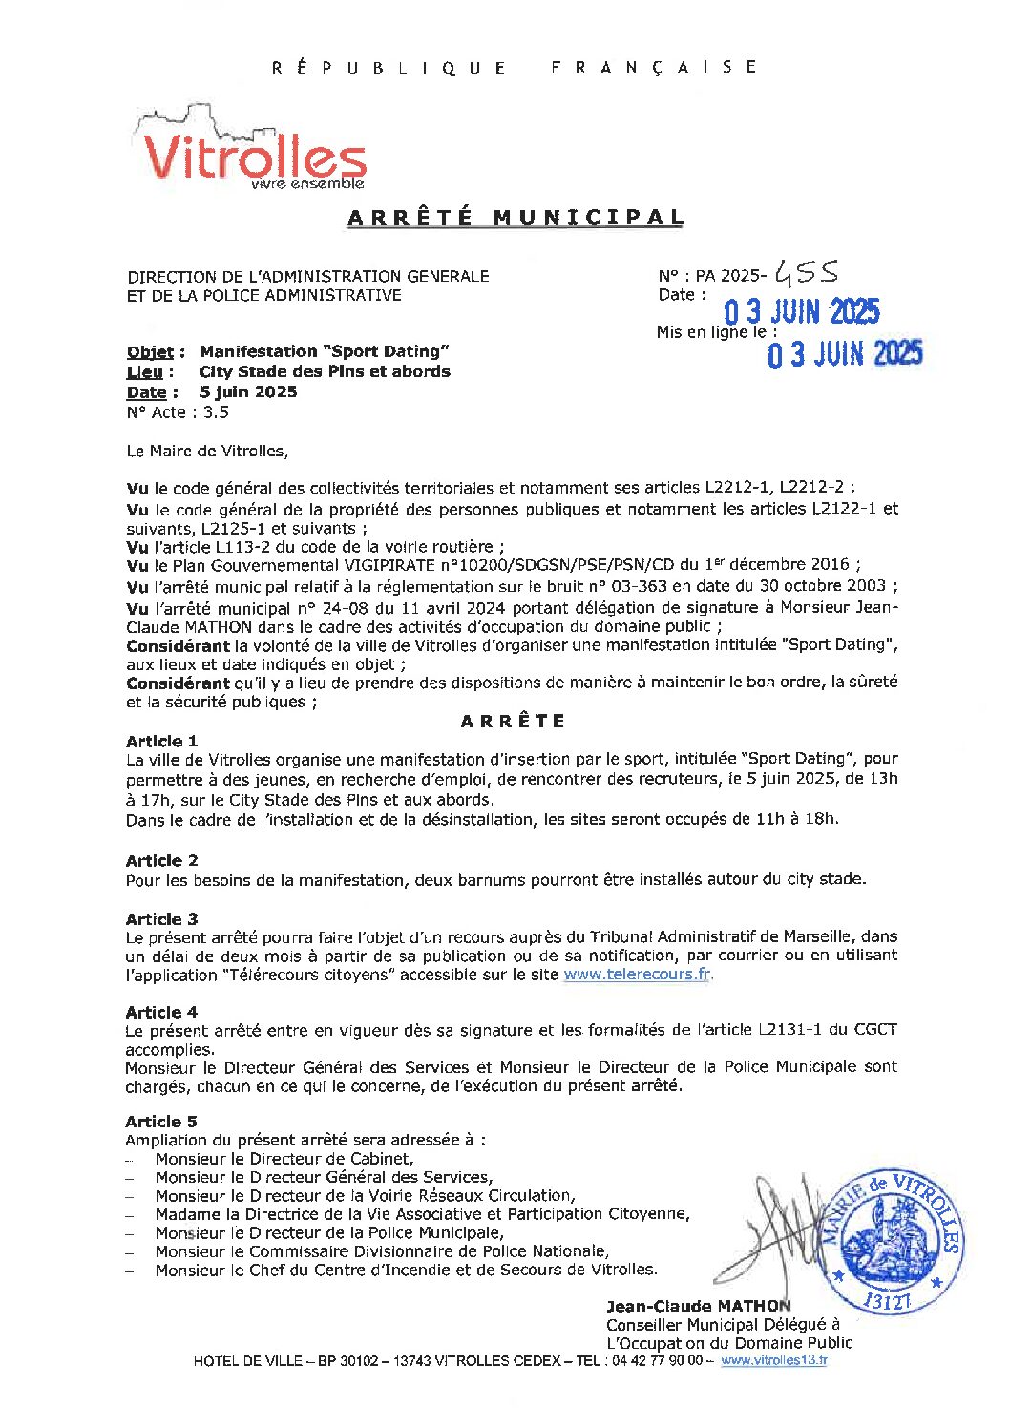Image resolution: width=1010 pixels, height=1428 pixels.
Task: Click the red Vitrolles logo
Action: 253,156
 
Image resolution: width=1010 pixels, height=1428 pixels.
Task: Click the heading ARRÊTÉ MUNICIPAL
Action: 516,218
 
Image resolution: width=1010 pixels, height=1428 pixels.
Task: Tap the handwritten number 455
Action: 806,274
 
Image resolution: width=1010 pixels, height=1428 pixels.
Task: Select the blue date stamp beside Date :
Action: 801,311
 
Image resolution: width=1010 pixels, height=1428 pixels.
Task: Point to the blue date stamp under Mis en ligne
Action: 845,355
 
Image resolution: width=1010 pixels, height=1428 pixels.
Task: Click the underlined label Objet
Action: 150,352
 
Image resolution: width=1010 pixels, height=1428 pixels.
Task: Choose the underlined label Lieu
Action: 144,372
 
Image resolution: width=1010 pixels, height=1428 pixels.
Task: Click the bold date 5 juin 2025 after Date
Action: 248,392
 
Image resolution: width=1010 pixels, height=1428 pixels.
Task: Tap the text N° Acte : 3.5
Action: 178,412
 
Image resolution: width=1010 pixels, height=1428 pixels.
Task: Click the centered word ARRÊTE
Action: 513,721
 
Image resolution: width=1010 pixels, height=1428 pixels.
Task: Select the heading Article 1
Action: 161,741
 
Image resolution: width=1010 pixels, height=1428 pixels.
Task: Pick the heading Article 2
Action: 161,860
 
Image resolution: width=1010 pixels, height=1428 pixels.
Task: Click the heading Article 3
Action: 161,918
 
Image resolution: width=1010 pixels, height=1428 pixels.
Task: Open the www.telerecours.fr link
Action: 637,975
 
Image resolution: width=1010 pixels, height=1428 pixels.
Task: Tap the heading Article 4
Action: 161,1012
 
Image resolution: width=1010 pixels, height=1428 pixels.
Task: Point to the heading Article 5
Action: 161,1122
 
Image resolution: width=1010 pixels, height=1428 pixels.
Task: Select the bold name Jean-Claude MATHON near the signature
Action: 698,1306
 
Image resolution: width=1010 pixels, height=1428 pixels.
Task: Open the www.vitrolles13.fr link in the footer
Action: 773,1360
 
